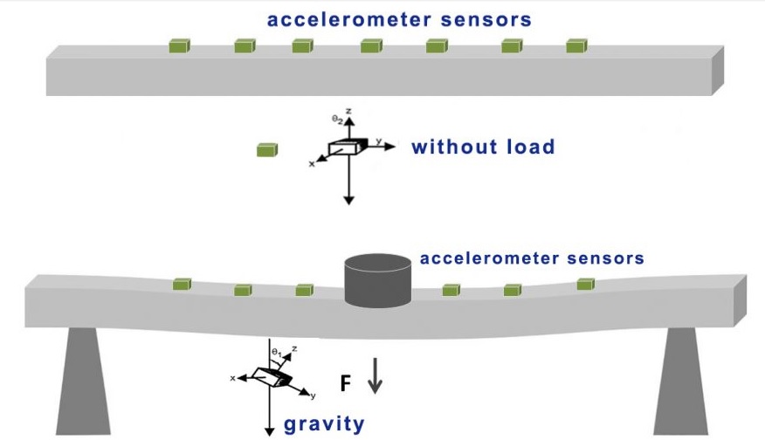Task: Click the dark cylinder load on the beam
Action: pyautogui.click(x=378, y=280)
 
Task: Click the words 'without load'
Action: pyautogui.click(x=483, y=147)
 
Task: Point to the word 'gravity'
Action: pyautogui.click(x=324, y=424)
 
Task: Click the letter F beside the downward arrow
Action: pyautogui.click(x=346, y=382)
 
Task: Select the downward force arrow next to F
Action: pyautogui.click(x=375, y=376)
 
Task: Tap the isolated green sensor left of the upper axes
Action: pyautogui.click(x=267, y=150)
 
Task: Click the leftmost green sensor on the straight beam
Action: pyautogui.click(x=180, y=45)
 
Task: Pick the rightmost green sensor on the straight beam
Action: pyautogui.click(x=577, y=45)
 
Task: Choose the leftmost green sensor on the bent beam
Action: pyautogui.click(x=182, y=284)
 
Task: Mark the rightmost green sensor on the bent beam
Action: pyautogui.click(x=586, y=284)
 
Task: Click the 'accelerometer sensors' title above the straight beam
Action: pyautogui.click(x=399, y=19)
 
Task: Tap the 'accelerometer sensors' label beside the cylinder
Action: pyautogui.click(x=532, y=258)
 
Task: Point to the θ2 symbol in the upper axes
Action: pyautogui.click(x=336, y=117)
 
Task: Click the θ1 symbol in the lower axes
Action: pyautogui.click(x=276, y=351)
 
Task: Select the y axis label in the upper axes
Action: pyautogui.click(x=379, y=140)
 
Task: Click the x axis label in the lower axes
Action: pyautogui.click(x=233, y=378)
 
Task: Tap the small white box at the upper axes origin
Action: pyautogui.click(x=344, y=148)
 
